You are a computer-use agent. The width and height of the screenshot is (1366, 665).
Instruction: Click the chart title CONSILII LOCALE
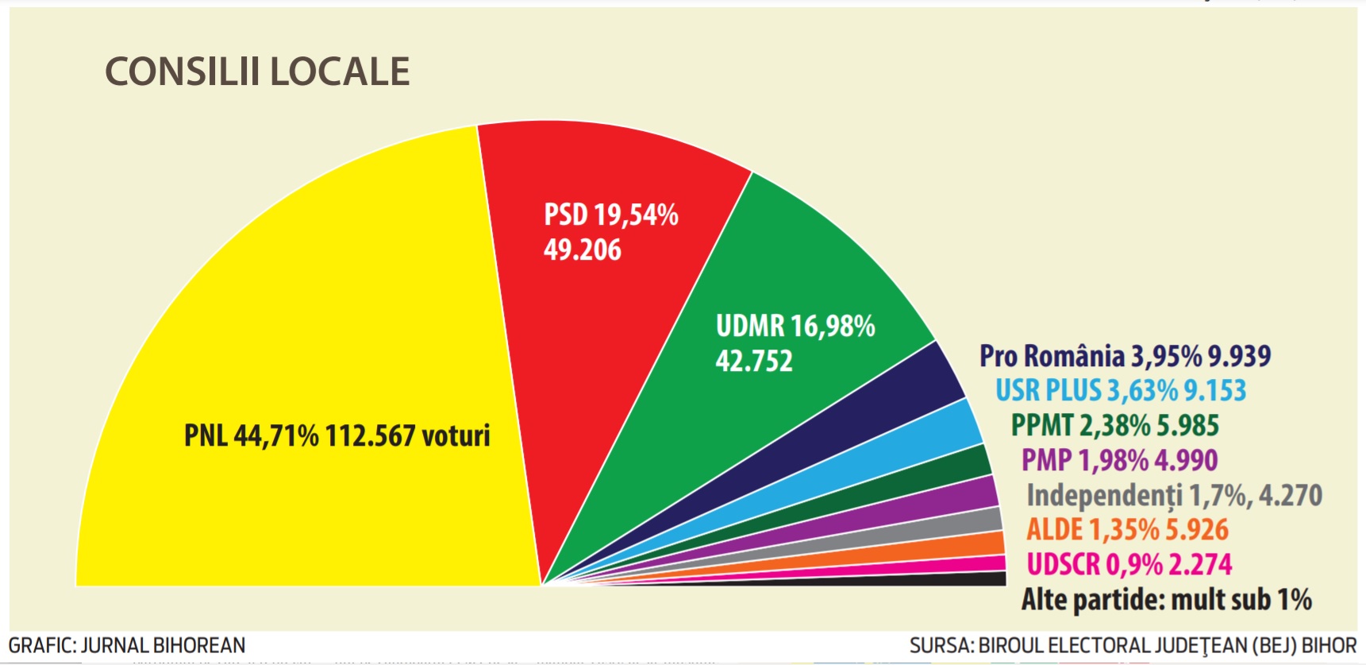pyautogui.click(x=257, y=72)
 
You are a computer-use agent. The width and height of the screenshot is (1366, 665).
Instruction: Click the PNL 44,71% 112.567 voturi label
pyautogui.click(x=337, y=435)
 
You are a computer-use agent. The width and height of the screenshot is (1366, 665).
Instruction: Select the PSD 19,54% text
pyautogui.click(x=610, y=215)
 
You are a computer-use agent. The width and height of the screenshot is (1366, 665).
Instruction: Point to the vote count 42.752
pyautogui.click(x=753, y=361)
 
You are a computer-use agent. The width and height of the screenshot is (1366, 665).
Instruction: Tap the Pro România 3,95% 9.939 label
pyautogui.click(x=1125, y=356)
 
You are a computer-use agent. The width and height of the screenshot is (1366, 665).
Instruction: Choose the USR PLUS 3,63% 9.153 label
pyautogui.click(x=1121, y=391)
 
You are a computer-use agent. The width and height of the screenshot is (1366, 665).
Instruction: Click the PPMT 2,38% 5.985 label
pyautogui.click(x=1114, y=426)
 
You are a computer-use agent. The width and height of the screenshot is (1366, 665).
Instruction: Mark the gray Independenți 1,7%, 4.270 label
pyautogui.click(x=1174, y=495)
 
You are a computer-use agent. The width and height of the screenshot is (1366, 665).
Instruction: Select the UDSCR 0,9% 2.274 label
pyautogui.click(x=1129, y=565)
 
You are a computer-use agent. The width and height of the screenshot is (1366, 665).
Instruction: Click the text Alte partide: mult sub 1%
pyautogui.click(x=1166, y=600)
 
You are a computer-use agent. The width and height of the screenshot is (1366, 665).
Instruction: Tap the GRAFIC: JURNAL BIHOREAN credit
pyautogui.click(x=127, y=645)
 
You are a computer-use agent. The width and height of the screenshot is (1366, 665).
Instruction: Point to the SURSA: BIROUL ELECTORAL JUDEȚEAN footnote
pyautogui.click(x=1133, y=646)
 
